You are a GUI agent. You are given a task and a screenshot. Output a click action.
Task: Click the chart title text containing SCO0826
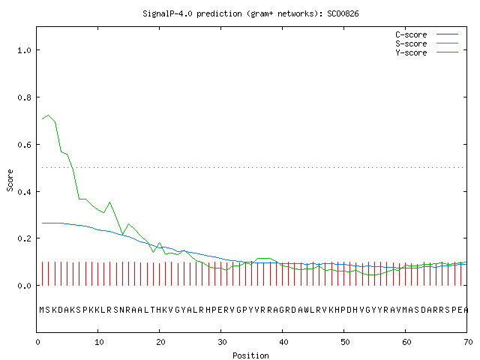click(250, 13)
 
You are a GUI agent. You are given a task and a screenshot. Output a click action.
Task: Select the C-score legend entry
click(411, 34)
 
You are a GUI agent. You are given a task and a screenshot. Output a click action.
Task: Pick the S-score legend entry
click(411, 43)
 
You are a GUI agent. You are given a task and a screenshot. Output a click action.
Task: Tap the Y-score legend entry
click(411, 52)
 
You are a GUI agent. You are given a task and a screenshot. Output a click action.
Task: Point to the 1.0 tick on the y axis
click(24, 50)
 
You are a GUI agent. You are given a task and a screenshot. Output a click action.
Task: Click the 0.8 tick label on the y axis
click(24, 97)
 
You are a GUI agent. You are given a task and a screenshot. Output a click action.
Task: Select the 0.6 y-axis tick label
click(24, 145)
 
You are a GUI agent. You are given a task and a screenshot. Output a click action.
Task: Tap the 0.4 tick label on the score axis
click(24, 192)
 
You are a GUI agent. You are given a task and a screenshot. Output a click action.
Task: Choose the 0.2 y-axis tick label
click(24, 238)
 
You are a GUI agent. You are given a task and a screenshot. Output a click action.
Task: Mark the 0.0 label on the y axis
click(24, 286)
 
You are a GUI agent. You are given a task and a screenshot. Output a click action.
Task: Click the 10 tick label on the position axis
click(99, 342)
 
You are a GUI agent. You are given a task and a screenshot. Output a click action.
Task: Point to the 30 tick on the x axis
click(222, 342)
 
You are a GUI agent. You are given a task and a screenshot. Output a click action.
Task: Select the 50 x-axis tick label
click(345, 342)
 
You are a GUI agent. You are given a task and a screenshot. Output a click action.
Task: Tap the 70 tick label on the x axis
click(468, 342)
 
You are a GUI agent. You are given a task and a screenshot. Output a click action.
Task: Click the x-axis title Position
click(250, 355)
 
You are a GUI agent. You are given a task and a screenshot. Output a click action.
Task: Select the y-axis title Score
click(10, 181)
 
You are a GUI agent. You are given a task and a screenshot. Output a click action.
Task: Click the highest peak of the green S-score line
click(48, 115)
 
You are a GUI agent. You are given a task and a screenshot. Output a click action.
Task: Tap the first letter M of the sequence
click(42, 310)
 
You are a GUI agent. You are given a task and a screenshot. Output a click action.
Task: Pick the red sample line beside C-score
click(447, 34)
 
